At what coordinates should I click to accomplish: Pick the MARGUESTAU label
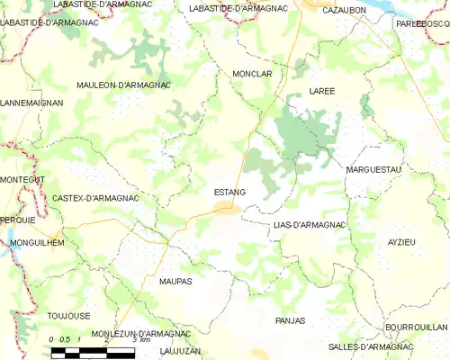click(x=373, y=168)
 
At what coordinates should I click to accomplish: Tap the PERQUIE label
click(x=17, y=220)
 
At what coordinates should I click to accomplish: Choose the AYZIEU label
click(x=401, y=243)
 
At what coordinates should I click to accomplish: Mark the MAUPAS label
click(x=175, y=282)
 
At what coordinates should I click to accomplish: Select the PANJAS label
click(x=290, y=320)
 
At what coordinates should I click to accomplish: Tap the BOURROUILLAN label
click(x=416, y=328)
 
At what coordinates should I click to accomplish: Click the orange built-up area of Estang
click(x=224, y=210)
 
